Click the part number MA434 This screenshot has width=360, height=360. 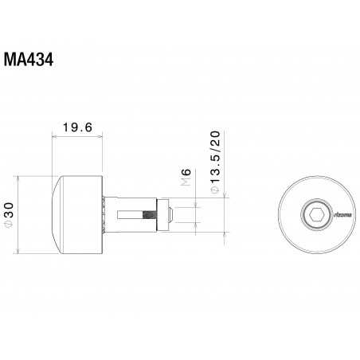(28, 61)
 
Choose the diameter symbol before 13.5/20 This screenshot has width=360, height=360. (213, 192)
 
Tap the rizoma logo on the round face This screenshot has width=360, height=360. (342, 214)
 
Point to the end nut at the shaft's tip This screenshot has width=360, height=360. (170, 213)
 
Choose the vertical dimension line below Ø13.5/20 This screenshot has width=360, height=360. (224, 215)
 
